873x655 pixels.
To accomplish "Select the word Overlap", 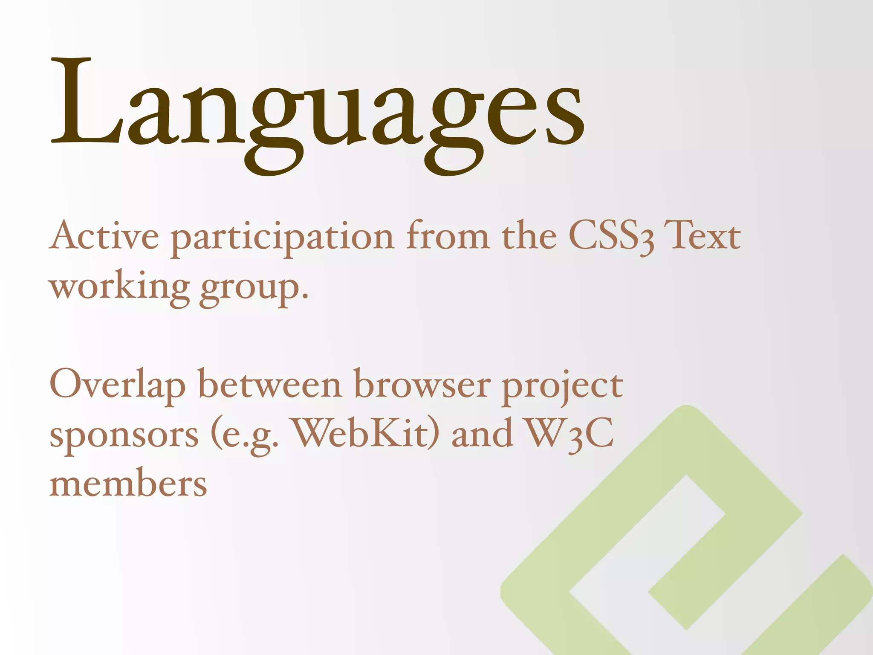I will click(x=118, y=385).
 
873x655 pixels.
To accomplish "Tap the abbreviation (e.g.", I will click(x=245, y=435).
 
